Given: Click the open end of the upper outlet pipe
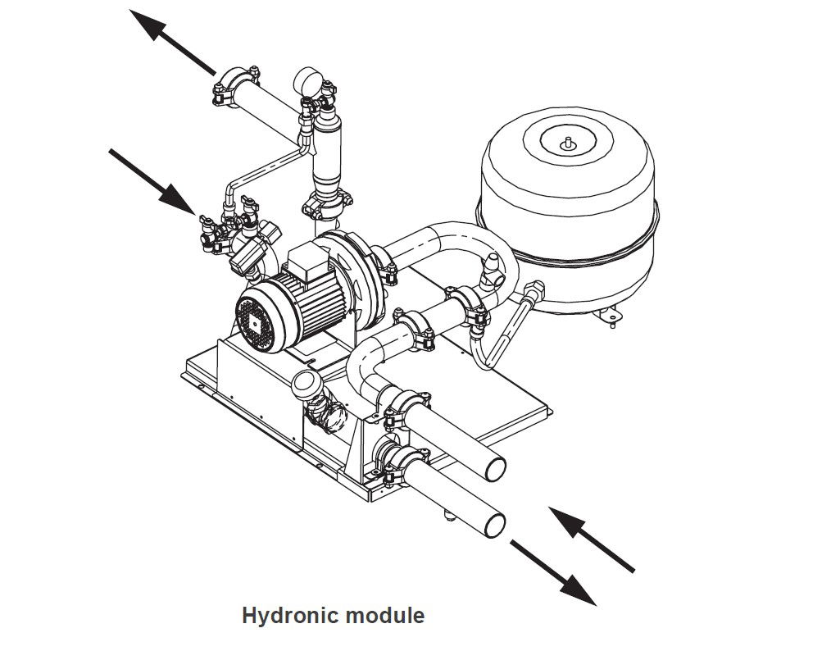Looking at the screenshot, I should point(494,470).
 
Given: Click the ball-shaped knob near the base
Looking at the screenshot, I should point(307,383).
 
